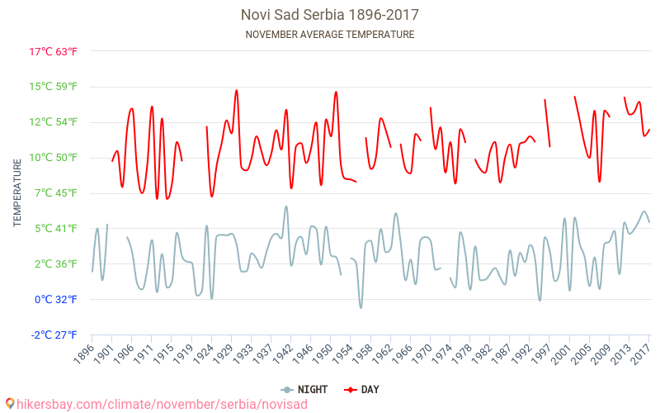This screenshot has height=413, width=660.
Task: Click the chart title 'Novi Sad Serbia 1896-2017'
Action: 330,15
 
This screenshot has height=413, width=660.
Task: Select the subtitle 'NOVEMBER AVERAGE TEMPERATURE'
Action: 330,35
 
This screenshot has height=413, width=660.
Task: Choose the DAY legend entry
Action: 363,389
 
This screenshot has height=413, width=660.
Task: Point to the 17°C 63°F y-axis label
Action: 54,51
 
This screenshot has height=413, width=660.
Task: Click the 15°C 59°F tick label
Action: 54,87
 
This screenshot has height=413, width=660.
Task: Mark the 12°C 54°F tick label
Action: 54,122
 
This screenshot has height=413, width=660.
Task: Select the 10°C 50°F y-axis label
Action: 54,158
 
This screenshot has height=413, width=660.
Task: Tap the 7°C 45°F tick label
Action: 55,193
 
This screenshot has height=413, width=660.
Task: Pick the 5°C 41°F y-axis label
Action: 55,229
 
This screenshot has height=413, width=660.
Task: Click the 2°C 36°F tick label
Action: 55,264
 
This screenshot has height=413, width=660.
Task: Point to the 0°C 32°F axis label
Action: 55,300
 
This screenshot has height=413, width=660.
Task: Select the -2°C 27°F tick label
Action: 54,335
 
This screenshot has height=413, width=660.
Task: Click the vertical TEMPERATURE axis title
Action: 17,193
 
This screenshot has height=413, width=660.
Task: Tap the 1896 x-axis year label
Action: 83,354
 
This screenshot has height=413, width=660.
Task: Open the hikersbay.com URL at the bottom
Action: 162,404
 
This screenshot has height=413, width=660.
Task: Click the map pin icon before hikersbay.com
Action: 9,404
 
